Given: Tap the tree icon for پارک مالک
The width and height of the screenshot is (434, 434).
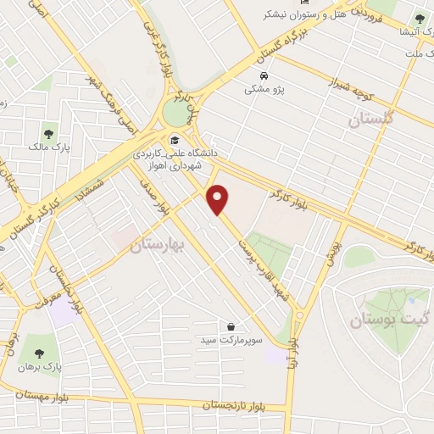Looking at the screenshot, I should (48, 133).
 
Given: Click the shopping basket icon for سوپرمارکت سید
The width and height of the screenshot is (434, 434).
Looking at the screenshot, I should (231, 325).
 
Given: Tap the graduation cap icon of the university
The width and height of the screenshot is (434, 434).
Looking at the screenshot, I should (175, 141).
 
